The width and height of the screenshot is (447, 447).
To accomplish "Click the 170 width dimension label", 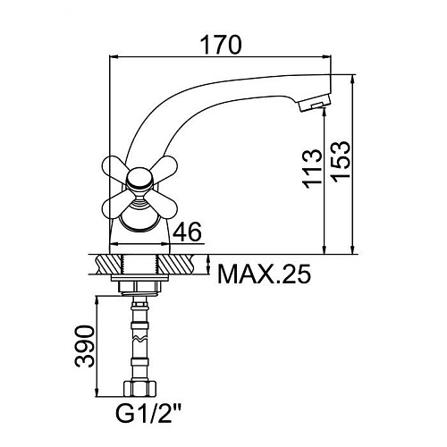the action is coord(221,45).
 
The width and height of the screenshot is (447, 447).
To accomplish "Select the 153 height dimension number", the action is coord(341,160).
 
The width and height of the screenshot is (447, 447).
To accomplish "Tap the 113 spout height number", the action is coord(312,169).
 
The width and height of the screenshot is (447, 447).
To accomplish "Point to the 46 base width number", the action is coord(187,232).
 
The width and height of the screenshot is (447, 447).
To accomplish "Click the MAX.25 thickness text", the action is coord(265,274).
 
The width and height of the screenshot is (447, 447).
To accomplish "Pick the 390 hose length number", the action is coord(85,346).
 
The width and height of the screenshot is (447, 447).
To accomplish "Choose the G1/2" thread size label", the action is coord(149,412).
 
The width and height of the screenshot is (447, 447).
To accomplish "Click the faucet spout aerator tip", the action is coord(315,105).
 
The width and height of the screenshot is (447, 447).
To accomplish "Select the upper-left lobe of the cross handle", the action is coord(114,168).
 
